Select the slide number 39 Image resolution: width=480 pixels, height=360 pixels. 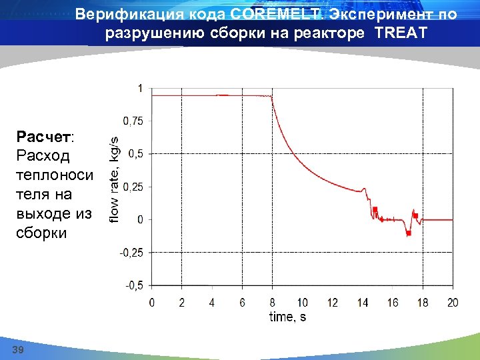point(19,350)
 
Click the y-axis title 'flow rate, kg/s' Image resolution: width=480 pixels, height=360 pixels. point(114,179)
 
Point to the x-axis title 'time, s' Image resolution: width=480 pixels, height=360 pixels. point(287,317)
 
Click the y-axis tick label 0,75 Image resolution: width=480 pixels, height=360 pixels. point(132,121)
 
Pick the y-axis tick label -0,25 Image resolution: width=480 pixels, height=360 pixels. point(131,253)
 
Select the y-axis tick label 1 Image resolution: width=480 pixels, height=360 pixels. point(139,88)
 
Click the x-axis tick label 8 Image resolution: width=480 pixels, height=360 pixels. point(272,303)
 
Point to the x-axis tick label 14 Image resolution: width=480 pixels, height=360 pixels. point(362,303)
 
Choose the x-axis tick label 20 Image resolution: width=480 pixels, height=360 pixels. point(452,303)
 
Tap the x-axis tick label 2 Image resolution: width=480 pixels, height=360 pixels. point(182,303)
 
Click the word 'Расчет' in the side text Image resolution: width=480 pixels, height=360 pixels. point(44,137)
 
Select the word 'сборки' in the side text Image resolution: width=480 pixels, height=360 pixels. point(42,233)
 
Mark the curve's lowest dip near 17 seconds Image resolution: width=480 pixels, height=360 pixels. point(408,233)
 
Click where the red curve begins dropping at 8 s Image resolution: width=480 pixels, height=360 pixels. point(271,97)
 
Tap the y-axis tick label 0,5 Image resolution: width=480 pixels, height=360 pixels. point(135,154)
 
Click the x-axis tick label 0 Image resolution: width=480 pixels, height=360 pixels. point(152,303)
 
